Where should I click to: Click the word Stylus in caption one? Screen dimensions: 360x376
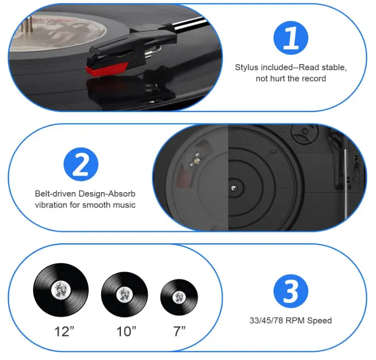click(246, 67)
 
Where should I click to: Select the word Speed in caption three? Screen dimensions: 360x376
click(320, 320)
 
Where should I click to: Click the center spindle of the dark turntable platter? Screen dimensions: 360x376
click(234, 187)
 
